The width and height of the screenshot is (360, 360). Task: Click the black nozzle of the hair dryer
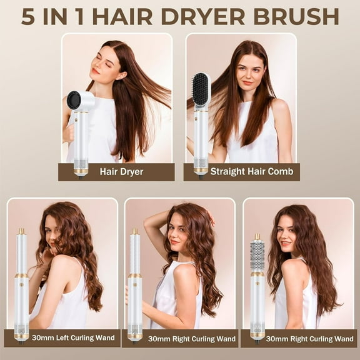point(75,99)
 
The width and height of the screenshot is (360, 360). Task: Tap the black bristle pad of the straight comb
point(201,91)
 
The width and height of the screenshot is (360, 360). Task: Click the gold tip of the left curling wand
point(22,232)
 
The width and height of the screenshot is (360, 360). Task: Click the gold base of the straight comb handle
point(201,168)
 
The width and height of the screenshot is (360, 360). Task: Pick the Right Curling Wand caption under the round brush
point(298,338)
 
